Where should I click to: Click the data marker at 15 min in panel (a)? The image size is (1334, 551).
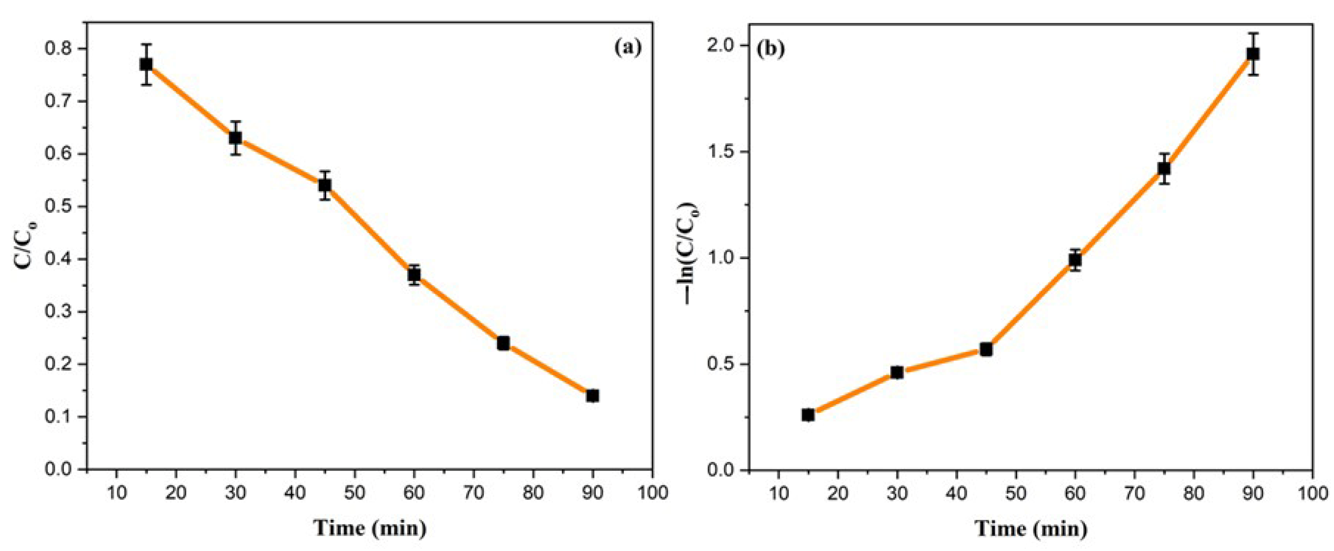tap(146, 64)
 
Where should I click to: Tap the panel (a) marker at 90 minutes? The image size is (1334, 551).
tap(592, 396)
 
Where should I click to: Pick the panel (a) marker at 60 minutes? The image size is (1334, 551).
tap(414, 274)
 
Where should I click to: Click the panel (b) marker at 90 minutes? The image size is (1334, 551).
tap(1253, 68)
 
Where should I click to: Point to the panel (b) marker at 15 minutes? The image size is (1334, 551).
tap(808, 415)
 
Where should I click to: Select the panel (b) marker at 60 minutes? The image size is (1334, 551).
tap(1075, 260)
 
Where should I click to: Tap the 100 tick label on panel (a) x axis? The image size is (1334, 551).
tap(652, 492)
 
